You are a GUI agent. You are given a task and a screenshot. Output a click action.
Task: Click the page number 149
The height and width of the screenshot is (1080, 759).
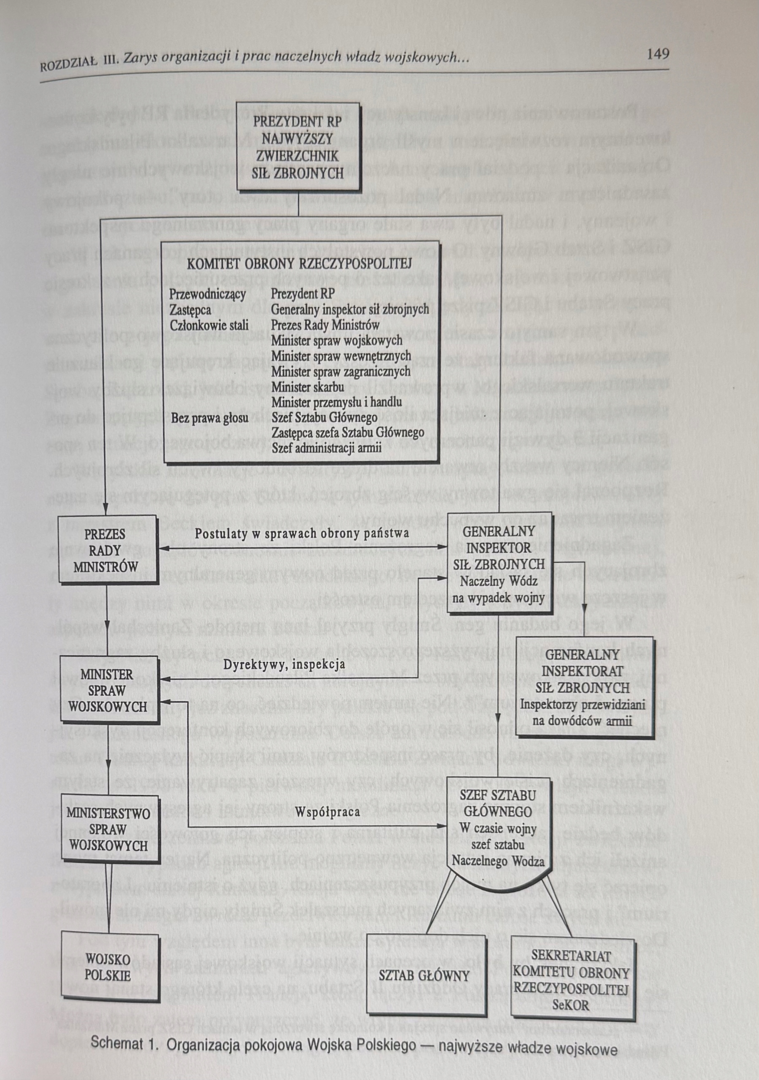657,54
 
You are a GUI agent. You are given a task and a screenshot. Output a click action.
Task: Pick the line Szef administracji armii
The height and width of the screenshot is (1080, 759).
327,448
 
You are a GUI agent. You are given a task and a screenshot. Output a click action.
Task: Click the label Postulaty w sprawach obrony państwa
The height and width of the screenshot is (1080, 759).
302,534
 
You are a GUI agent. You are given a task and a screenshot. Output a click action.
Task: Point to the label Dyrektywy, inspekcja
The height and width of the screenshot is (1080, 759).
284,664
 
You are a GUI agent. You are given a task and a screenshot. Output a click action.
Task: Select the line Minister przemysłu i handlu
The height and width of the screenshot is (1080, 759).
336,402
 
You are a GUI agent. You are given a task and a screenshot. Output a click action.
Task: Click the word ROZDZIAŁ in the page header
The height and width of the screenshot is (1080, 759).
68,65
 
